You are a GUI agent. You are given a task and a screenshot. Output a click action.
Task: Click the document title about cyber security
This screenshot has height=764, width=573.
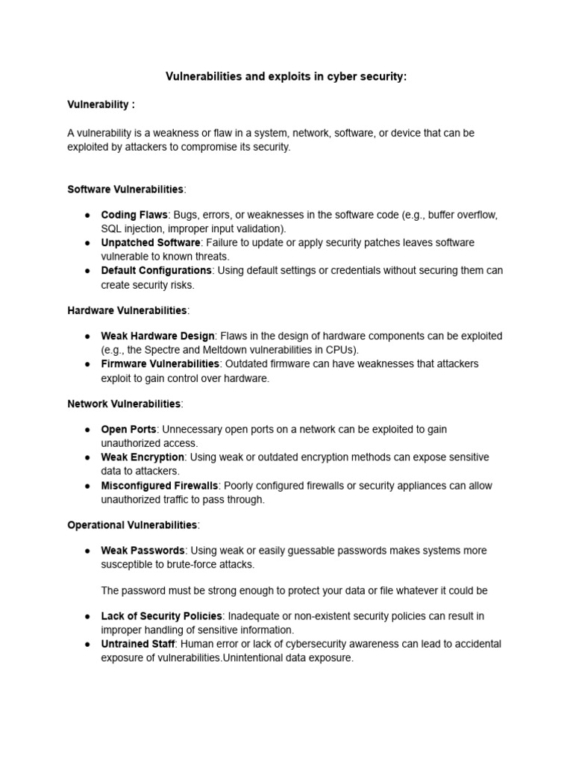[x=286, y=77]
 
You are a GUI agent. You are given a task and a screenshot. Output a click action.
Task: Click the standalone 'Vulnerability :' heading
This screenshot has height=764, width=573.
[x=101, y=104]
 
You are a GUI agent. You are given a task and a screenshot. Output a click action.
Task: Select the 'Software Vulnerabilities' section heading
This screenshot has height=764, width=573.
[x=125, y=189]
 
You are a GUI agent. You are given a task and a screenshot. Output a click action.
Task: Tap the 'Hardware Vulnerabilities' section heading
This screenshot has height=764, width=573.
[x=127, y=310]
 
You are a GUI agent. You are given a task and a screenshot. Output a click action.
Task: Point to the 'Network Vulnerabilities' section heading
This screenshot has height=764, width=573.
[x=124, y=404]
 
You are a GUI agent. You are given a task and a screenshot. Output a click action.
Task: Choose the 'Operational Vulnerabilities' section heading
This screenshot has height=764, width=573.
[x=132, y=525]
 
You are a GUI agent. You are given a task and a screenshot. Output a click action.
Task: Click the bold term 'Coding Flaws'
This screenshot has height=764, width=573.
[x=134, y=215]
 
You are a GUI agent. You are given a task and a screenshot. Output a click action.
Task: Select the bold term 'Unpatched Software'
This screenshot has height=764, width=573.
[x=150, y=242]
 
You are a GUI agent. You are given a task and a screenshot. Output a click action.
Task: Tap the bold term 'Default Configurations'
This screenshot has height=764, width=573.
[x=156, y=270]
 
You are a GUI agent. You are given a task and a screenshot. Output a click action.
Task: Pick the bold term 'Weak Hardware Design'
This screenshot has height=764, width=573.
[x=157, y=336]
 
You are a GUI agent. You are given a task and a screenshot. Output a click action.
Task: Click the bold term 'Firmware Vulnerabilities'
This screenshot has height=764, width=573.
[x=160, y=363]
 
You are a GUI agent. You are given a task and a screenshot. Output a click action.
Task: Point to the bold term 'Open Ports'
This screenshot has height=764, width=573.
[x=128, y=429]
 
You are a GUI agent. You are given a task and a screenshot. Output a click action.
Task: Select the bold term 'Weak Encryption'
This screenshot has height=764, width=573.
[x=143, y=457]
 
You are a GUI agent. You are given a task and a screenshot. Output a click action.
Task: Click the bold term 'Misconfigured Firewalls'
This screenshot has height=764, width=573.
[x=159, y=485]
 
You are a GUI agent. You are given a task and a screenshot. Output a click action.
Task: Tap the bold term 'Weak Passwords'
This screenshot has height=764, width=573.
[x=142, y=551]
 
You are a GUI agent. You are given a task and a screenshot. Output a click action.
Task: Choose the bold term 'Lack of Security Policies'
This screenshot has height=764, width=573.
[x=161, y=616]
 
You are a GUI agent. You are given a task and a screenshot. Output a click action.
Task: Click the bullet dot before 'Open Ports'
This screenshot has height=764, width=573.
[x=87, y=430]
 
